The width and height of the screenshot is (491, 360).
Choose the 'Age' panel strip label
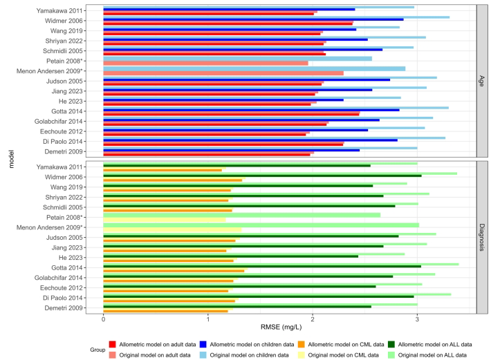click(481, 81)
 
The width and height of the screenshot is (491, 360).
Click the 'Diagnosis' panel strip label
click(481, 237)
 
